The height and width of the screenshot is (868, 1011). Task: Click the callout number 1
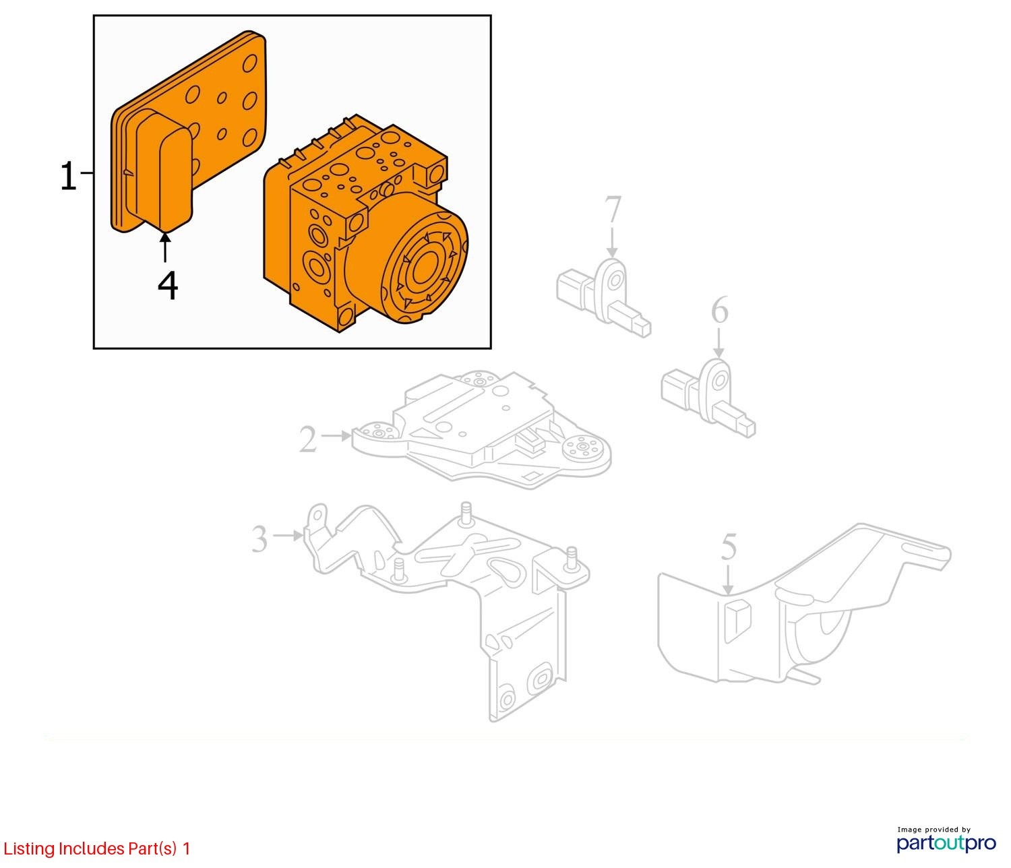[x=69, y=177]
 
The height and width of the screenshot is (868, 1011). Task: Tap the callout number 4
[x=168, y=285]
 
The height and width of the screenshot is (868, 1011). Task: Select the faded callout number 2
[x=308, y=440]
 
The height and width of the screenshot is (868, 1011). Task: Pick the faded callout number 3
[x=259, y=539]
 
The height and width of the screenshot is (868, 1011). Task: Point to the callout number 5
[x=729, y=548]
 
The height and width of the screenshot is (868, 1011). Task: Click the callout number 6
[x=720, y=311]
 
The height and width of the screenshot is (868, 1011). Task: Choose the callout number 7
[x=611, y=210]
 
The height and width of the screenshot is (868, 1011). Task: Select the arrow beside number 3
[x=288, y=536]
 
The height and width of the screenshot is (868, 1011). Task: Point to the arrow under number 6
[x=719, y=343]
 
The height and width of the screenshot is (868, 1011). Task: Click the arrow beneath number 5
[x=728, y=580]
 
